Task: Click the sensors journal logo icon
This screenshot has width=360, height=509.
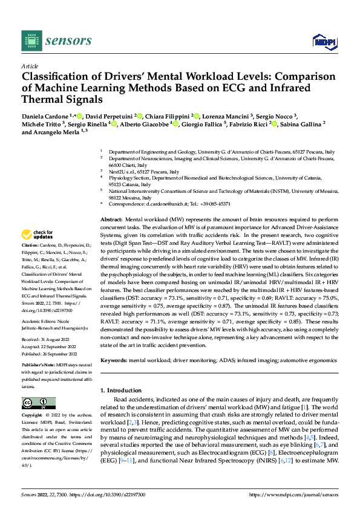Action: coord(31,41)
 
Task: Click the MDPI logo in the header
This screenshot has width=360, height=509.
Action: coord(324,41)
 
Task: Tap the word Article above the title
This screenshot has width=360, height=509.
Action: coord(29,66)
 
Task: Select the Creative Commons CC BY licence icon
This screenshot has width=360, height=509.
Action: coord(38,403)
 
